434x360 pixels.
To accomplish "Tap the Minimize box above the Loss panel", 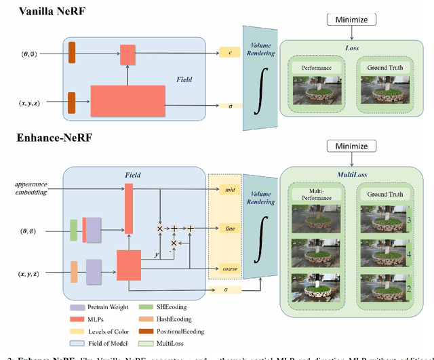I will (x=350, y=20).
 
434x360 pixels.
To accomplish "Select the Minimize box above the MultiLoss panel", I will (x=350, y=146).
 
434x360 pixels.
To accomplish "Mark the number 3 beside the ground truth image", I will (x=408, y=221).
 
